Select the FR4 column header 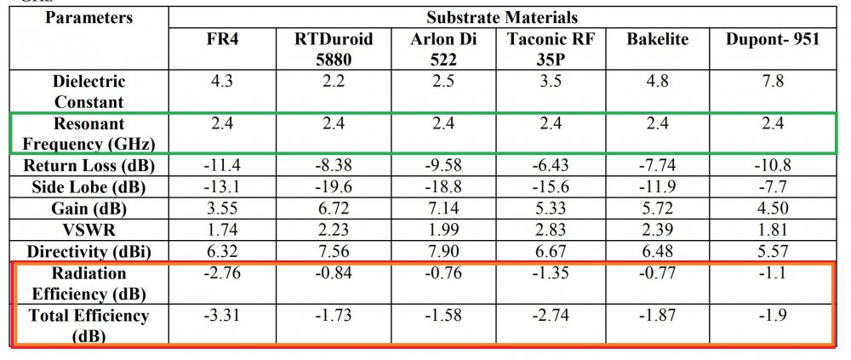coord(223,39)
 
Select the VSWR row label coord(89,231)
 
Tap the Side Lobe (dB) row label coord(89,186)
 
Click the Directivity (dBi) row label coord(89,252)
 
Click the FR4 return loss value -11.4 coord(223,164)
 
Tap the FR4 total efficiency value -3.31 coord(223,316)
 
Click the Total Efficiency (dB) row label coord(89,325)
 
